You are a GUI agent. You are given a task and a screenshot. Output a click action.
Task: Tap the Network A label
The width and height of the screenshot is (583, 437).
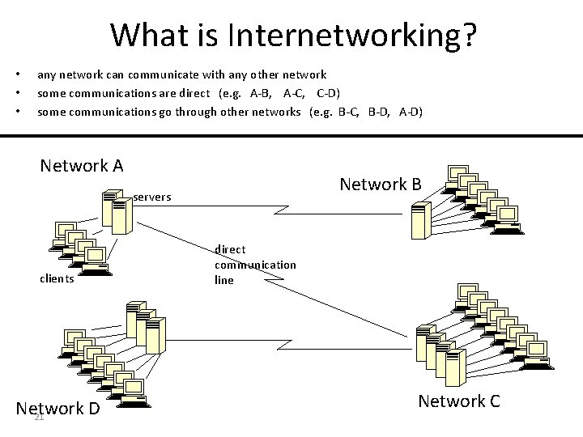82,166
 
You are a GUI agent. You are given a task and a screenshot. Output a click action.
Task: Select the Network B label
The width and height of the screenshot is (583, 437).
381,185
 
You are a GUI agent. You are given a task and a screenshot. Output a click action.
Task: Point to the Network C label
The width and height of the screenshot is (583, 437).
459,401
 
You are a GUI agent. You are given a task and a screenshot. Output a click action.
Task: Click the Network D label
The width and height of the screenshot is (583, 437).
58,408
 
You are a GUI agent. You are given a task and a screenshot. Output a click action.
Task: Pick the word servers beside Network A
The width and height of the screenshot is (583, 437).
152,197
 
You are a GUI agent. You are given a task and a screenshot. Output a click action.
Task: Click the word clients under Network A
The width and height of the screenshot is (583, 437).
57,279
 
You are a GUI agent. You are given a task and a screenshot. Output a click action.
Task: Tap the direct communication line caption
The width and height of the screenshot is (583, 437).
255,265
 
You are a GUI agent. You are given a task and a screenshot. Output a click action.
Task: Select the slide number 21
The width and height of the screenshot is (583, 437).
38,418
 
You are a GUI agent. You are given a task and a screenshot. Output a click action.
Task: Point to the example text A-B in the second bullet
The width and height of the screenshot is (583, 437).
262,93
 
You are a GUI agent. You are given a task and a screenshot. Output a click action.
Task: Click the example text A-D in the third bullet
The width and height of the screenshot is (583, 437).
411,112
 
